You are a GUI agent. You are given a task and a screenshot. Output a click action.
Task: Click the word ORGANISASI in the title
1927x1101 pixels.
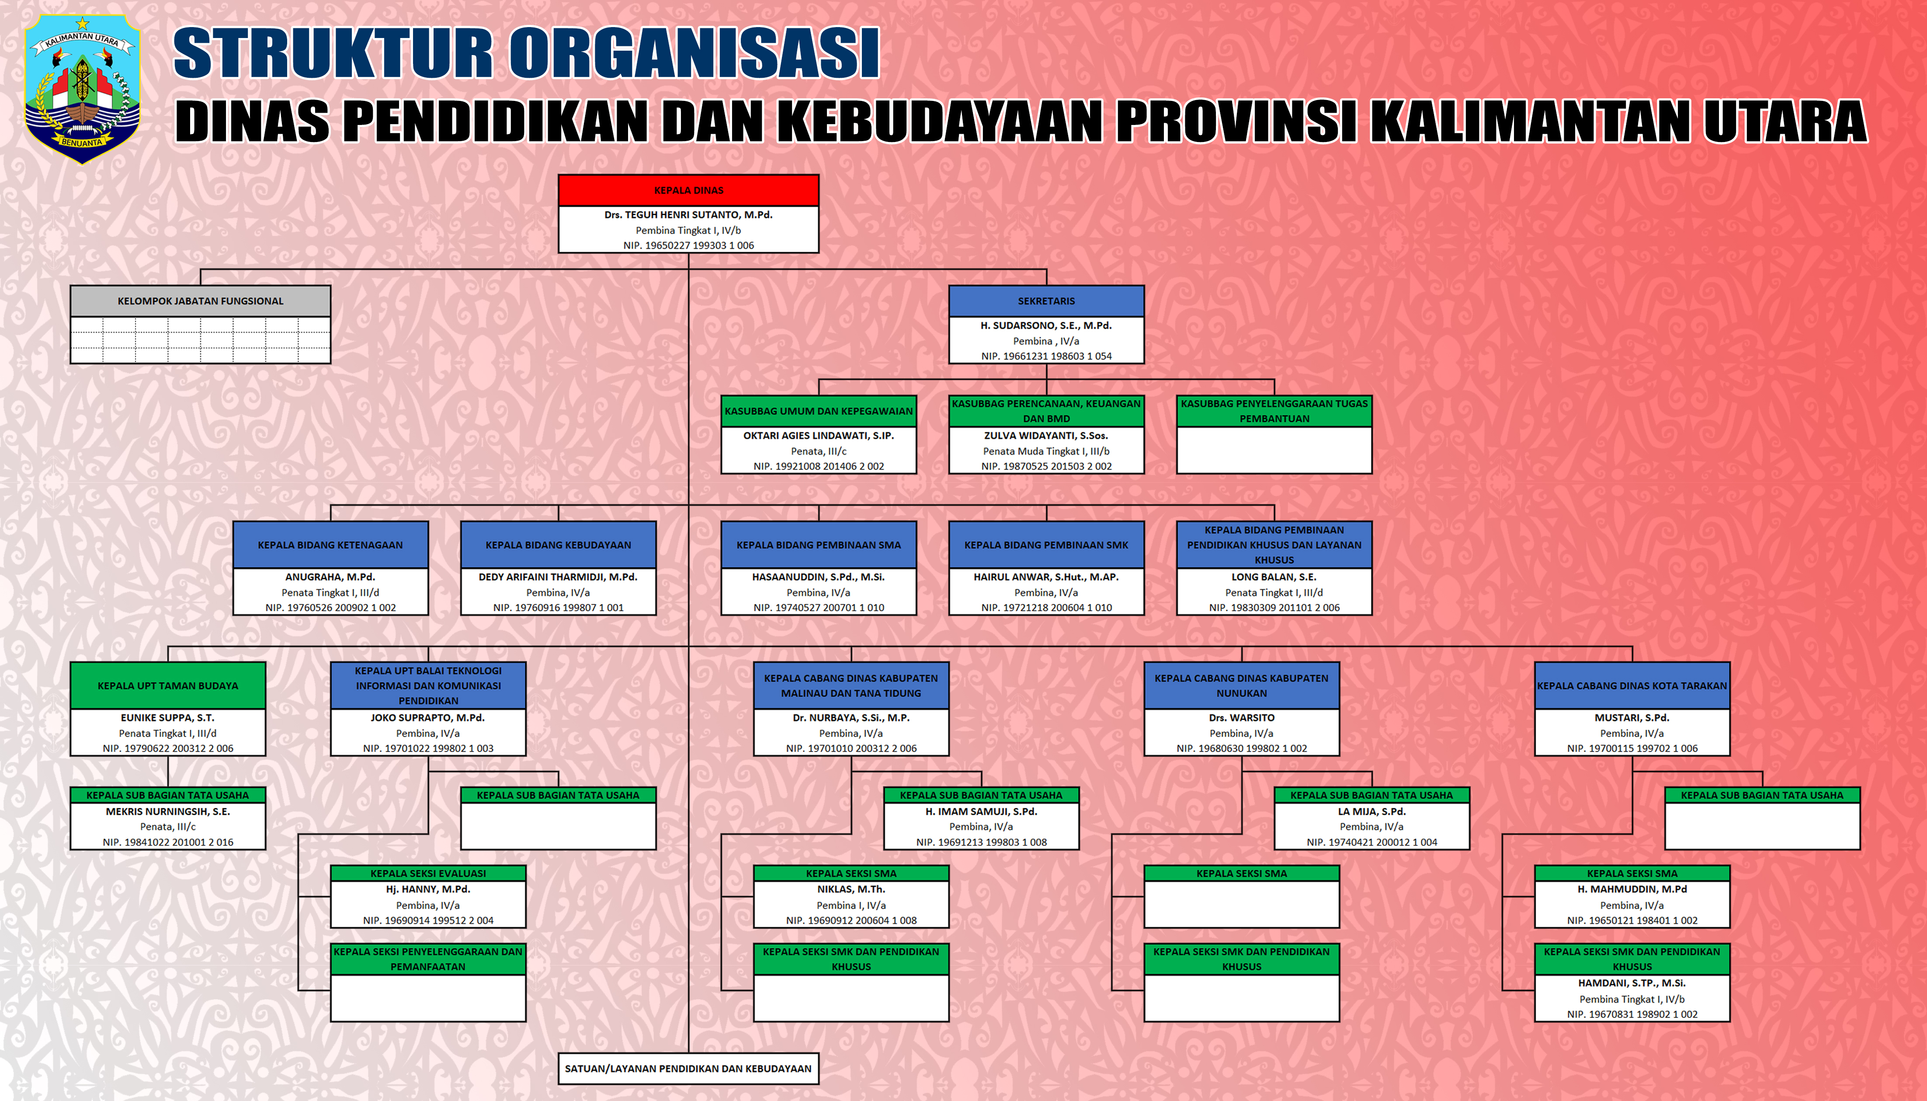pos(694,53)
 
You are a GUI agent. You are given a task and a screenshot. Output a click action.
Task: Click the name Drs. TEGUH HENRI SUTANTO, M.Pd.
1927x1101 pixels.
pos(688,215)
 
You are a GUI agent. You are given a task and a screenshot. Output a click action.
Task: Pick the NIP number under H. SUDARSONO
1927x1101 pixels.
pos(1046,356)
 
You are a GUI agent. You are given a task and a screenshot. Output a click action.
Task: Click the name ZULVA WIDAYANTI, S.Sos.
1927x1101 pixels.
pos(1046,436)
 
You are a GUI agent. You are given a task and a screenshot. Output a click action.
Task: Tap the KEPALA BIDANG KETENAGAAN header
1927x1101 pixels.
pos(330,544)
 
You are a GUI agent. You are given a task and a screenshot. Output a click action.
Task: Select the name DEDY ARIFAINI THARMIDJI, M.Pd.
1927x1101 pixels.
pos(558,577)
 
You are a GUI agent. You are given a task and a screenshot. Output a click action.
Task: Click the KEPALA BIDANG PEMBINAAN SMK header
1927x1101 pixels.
pos(1046,544)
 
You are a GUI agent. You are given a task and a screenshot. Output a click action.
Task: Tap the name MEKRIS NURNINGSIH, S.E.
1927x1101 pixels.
pos(168,811)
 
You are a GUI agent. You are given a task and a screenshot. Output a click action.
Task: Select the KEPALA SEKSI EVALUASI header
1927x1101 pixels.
pos(428,873)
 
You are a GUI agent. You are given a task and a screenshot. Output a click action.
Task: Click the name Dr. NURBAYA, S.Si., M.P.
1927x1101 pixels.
pos(851,717)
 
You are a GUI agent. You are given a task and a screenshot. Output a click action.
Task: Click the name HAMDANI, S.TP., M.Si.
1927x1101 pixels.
pos(1632,983)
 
